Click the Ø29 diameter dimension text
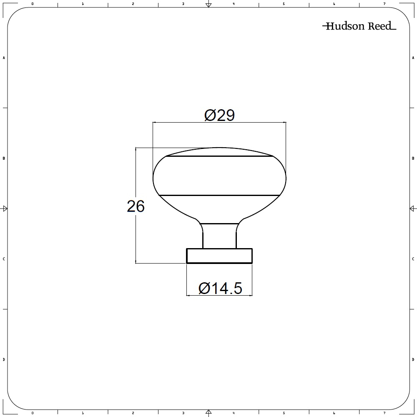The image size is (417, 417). pyautogui.click(x=219, y=115)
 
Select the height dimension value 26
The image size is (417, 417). pyautogui.click(x=136, y=206)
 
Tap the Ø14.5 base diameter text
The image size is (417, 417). pyautogui.click(x=220, y=288)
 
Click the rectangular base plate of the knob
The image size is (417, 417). pyautogui.click(x=219, y=256)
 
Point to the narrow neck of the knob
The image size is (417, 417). pyautogui.click(x=219, y=236)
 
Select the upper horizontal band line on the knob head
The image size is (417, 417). pyautogui.click(x=219, y=157)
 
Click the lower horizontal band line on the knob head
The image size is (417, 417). pyautogui.click(x=219, y=195)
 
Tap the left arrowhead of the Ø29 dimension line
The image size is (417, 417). pyautogui.click(x=155, y=123)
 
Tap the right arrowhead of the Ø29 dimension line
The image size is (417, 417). pyautogui.click(x=284, y=123)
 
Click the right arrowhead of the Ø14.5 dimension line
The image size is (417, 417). pyautogui.click(x=251, y=296)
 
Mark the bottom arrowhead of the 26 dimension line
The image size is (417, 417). pyautogui.click(x=136, y=261)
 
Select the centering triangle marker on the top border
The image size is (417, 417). pyautogui.click(x=209, y=5)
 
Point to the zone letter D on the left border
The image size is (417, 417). pyautogui.click(x=4, y=359)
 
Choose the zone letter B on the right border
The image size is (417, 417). pyautogui.click(x=413, y=158)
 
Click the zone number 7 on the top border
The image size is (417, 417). pyautogui.click(x=384, y=4)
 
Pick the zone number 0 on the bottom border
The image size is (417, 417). pyautogui.click(x=33, y=413)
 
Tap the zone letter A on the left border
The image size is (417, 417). pyautogui.click(x=4, y=58)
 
